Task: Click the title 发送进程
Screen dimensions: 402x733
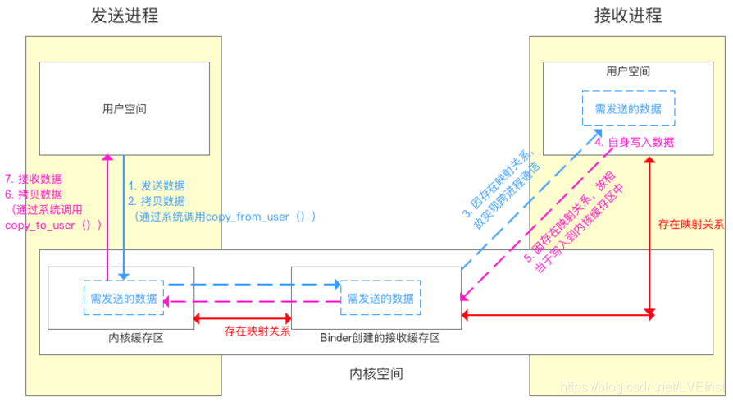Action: point(125,16)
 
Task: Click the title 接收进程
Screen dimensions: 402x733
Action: point(628,16)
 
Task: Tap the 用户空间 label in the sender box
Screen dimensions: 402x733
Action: point(125,108)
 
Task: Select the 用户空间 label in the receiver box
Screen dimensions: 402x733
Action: point(628,72)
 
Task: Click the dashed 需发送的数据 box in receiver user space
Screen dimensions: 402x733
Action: point(628,107)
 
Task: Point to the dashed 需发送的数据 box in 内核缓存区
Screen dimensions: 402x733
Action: point(124,298)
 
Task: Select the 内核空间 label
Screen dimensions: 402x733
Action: point(376,373)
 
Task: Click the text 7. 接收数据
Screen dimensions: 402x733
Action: point(34,179)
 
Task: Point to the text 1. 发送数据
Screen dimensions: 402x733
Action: point(157,185)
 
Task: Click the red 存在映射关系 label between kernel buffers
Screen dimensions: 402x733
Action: point(257,331)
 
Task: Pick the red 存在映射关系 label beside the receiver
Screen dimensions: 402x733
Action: point(691,222)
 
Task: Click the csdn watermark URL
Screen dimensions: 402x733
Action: point(635,386)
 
